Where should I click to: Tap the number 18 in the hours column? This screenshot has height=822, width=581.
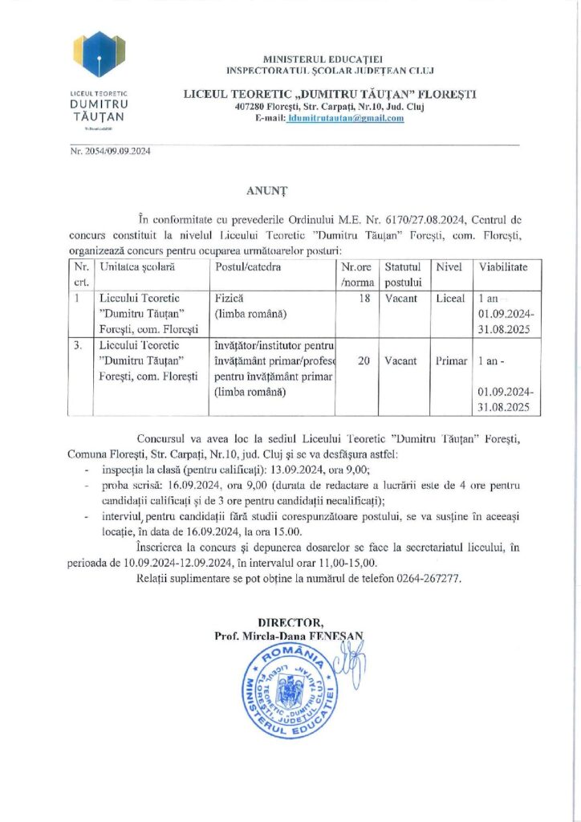coord(365,298)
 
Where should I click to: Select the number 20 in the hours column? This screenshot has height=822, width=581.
coord(364,361)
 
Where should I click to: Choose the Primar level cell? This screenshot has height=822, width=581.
coord(451,361)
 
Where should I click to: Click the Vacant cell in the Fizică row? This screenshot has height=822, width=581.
coord(400,298)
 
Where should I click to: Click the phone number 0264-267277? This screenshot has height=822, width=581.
coord(428,578)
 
